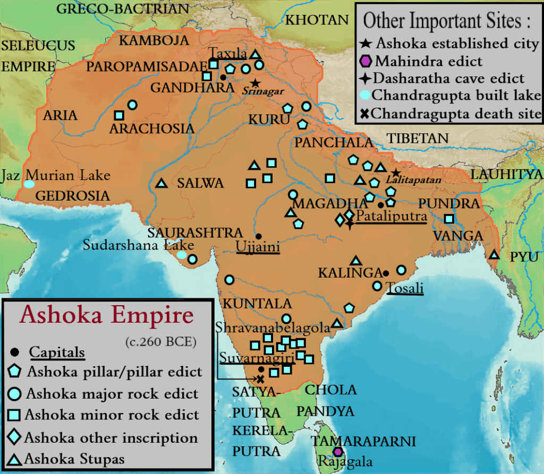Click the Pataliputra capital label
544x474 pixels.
[392, 217]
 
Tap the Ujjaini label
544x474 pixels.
[258, 248]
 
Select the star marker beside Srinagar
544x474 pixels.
[256, 83]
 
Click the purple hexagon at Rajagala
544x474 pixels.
[337, 452]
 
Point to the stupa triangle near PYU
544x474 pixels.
[495, 254]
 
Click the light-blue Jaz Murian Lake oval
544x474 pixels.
[29, 184]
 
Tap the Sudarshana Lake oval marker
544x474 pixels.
[182, 255]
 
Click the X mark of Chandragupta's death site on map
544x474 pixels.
[260, 379]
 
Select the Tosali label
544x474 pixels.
[405, 288]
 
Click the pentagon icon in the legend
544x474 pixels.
[16, 371]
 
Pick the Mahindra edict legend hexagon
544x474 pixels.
[366, 61]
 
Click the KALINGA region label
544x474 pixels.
[350, 273]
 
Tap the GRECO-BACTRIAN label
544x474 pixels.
[123, 8]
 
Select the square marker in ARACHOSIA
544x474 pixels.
[120, 115]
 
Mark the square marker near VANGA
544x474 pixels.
[449, 218]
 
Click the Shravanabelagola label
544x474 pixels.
[273, 328]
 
